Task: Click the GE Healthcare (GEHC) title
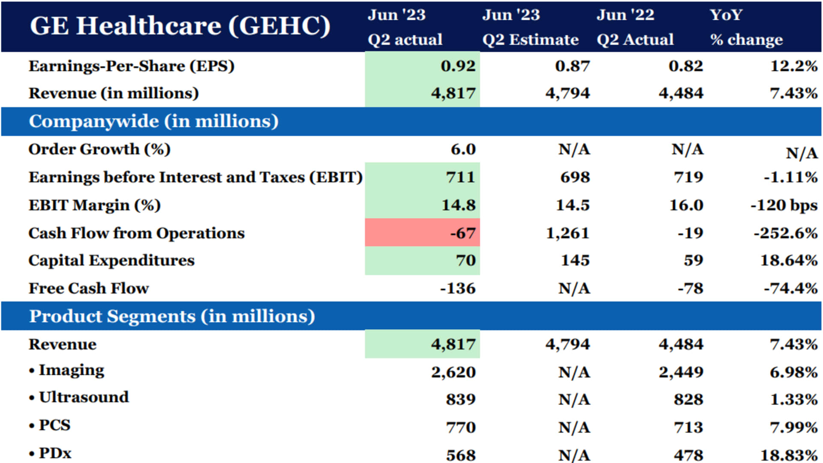(180, 26)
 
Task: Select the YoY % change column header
(746, 27)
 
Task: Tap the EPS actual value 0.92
(458, 66)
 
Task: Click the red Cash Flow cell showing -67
(463, 233)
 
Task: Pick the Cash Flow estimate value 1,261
(568, 233)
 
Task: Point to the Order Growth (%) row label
(99, 149)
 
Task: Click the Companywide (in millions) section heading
(153, 121)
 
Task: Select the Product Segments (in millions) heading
(172, 316)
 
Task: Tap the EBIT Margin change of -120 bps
(784, 205)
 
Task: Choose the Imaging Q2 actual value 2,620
(453, 372)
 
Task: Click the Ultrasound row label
(84, 397)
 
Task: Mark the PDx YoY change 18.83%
(789, 455)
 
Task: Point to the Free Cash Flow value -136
(457, 288)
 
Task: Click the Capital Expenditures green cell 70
(466, 260)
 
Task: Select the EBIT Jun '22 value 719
(688, 177)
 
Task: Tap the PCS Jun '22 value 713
(688, 427)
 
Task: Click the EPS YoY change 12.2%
(793, 66)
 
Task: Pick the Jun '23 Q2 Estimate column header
(530, 27)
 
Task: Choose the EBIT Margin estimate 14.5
(573, 205)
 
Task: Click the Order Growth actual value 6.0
(463, 149)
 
